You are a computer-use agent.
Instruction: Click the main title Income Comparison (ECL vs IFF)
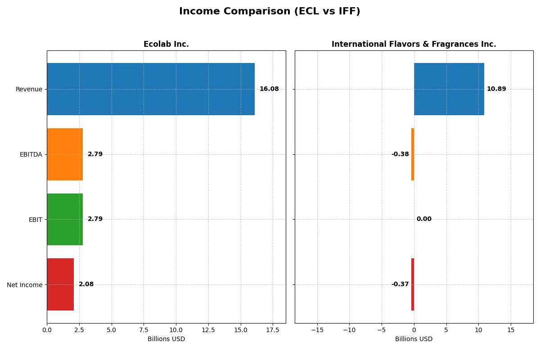tap(270, 12)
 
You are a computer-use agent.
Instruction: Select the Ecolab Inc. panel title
tap(166, 44)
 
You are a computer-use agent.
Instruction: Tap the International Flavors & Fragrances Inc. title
tap(414, 44)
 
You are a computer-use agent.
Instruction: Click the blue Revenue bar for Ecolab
tap(151, 89)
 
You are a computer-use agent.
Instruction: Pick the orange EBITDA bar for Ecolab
tap(65, 154)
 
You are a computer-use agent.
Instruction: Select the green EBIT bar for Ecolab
tap(65, 219)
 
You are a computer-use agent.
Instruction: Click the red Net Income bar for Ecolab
tap(60, 284)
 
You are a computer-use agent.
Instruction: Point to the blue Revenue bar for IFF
tap(449, 89)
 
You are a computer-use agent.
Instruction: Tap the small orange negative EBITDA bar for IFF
tap(412, 154)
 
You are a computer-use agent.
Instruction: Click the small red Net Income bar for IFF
tap(412, 284)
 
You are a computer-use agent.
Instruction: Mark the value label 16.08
tap(269, 89)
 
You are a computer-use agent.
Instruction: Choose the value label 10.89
tap(496, 89)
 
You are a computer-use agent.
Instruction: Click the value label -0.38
tap(400, 154)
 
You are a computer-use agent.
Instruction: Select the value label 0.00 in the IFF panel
tap(424, 219)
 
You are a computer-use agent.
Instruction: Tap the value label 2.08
tap(86, 284)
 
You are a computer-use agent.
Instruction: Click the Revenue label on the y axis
tap(29, 89)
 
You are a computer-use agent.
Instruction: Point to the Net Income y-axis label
tap(25, 284)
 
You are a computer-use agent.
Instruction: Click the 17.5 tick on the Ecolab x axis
tap(273, 330)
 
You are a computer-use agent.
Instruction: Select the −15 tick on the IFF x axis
tap(317, 330)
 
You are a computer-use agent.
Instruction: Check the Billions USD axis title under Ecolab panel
tap(166, 339)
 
